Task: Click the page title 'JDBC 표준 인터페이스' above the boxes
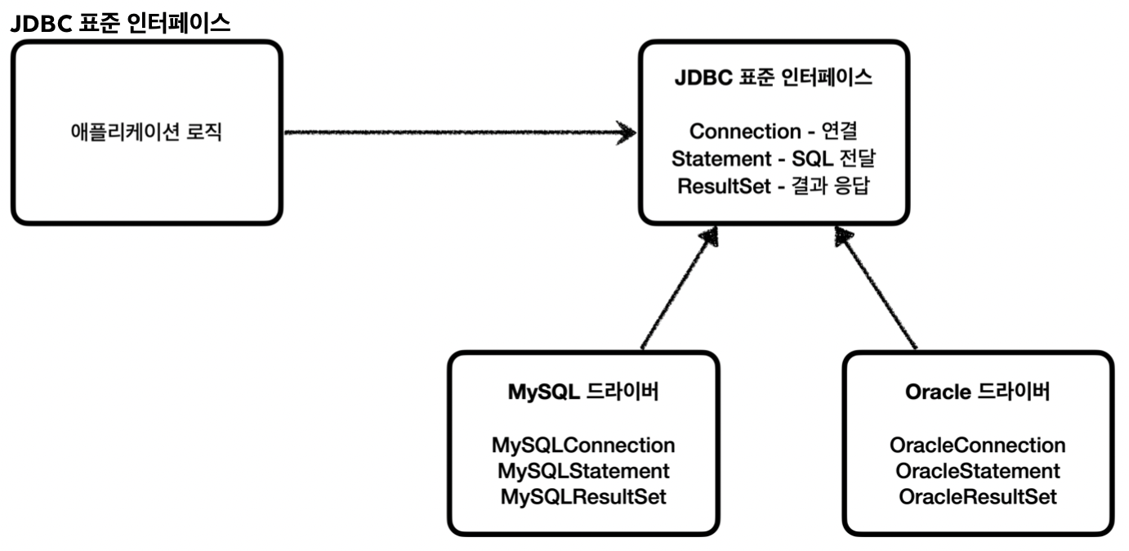[121, 24]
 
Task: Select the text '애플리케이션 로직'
[145, 132]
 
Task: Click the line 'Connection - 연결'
[773, 131]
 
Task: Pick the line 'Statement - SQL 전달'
[773, 158]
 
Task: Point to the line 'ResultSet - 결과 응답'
[773, 186]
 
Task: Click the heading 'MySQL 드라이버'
[583, 392]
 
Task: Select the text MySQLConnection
[583, 446]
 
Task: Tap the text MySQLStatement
[583, 471]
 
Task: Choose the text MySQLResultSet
[583, 496]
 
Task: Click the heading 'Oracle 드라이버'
[977, 392]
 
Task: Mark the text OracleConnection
[977, 446]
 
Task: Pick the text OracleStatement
[977, 471]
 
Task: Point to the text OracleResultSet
[977, 496]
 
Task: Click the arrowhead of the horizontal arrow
[626, 132]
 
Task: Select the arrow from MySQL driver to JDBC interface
[676, 290]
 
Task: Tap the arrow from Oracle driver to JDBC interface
[878, 290]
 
